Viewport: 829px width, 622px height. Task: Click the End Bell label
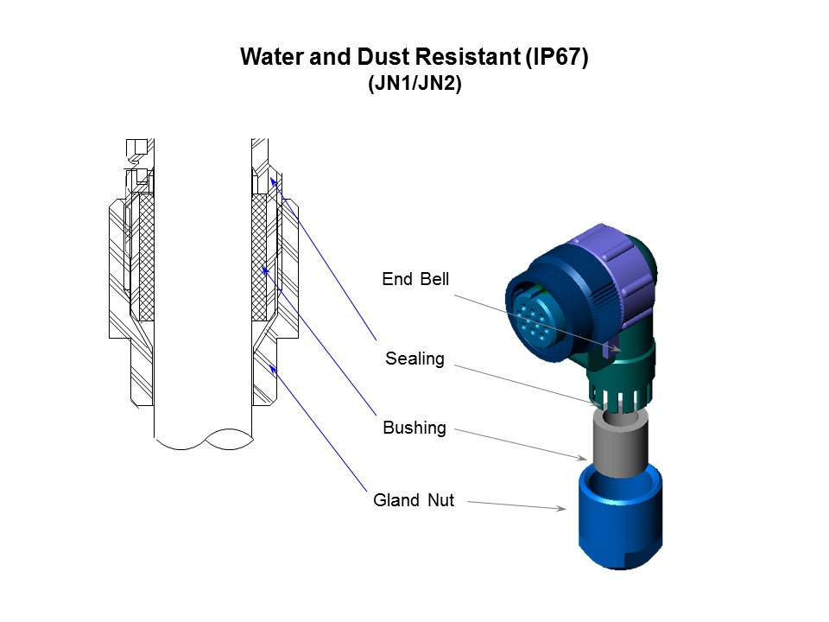point(415,279)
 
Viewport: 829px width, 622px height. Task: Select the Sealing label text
point(414,359)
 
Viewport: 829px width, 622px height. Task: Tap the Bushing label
point(414,428)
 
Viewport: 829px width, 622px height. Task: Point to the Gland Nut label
point(414,499)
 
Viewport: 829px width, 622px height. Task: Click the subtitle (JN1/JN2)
point(414,86)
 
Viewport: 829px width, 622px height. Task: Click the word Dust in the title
point(378,58)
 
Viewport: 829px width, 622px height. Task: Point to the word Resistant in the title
point(463,58)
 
